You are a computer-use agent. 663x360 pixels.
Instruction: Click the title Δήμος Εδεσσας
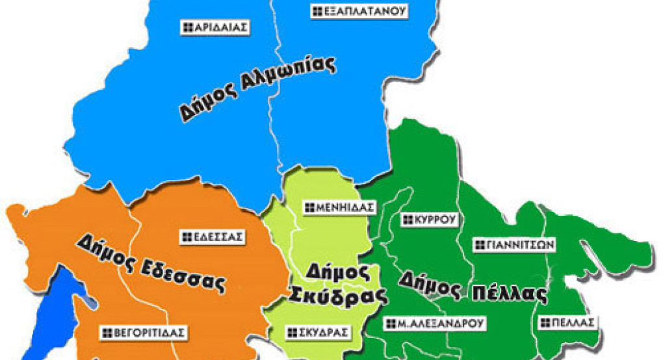151,263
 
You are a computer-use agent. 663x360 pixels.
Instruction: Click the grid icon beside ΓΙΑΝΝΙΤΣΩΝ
480,245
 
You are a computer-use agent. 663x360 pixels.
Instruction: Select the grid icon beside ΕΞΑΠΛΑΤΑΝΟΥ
317,11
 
